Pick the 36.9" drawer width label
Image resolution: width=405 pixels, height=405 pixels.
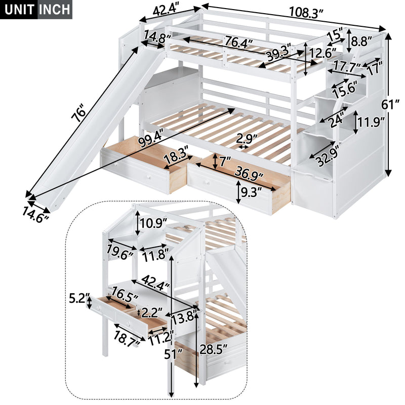pos(249,174)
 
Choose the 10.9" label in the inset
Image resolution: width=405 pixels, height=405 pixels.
pos(153,222)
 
